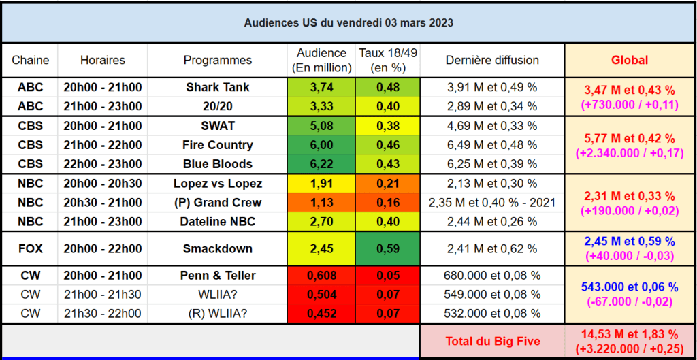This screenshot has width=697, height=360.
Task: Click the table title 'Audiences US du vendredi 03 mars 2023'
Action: pos(348,23)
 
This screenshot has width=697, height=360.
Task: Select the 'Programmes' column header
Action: pos(218,60)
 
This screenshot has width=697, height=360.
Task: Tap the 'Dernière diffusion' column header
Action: pos(492,60)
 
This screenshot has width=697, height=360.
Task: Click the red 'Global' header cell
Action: pos(630,60)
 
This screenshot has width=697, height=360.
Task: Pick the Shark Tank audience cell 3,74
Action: pos(321,88)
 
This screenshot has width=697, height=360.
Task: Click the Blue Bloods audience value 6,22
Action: pos(321,164)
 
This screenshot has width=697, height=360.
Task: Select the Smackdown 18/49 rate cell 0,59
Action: pos(387,248)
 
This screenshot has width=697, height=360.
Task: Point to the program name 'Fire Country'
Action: pos(218,145)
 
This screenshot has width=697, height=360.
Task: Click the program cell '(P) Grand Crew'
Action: pos(218,203)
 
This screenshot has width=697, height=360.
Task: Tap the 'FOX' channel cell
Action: pos(31,248)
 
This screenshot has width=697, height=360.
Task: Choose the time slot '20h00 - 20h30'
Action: pos(102,184)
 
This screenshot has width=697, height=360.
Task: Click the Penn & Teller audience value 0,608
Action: pos(321,276)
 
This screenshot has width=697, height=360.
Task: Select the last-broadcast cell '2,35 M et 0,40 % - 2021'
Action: pos(492,203)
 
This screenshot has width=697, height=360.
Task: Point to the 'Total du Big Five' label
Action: pos(493,342)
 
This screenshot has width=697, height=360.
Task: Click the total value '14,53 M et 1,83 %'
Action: pos(630,333)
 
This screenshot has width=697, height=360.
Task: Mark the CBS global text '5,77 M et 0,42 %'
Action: pos(630,137)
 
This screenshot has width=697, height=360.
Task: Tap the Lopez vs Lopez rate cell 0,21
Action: pos(387,184)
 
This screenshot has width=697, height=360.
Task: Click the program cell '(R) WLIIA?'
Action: pos(218,314)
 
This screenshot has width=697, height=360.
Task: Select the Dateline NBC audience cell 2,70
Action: pos(321,221)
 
